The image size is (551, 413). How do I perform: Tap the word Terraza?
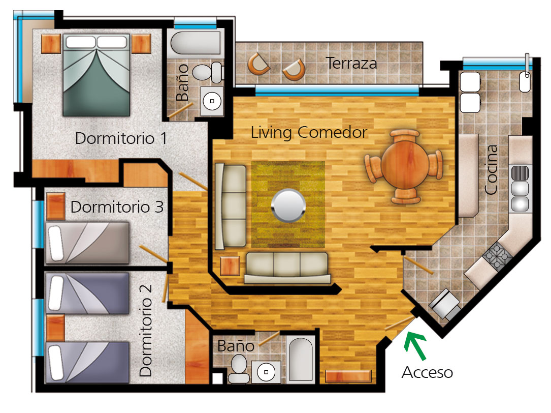point(351,64)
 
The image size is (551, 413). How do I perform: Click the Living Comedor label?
point(309,133)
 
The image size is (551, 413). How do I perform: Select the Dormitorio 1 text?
point(121,138)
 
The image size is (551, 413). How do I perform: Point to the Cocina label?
point(491,170)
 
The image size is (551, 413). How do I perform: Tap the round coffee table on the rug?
point(288,205)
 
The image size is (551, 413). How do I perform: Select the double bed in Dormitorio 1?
point(96,75)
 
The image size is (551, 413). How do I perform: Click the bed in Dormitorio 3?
point(87,243)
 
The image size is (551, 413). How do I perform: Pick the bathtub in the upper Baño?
point(196,43)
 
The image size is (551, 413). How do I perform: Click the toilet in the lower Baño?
point(239,368)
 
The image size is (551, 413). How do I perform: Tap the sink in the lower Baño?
point(267,372)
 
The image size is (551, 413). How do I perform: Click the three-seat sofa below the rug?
point(287,268)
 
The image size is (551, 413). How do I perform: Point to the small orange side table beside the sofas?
point(230,266)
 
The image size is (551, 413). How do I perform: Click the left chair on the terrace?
point(258,64)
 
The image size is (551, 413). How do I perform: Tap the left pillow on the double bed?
point(80,42)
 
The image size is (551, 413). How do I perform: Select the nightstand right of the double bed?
point(141,44)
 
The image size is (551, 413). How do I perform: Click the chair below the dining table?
point(406,196)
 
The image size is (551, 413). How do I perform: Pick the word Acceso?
point(427,372)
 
